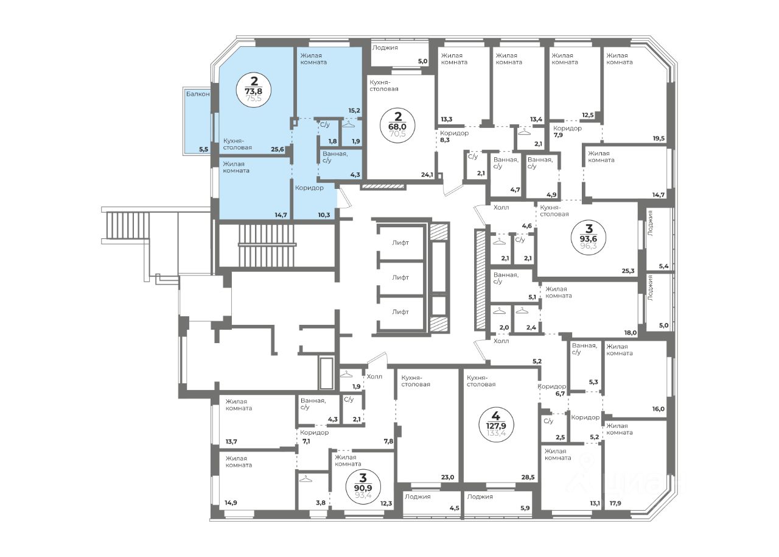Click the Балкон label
pos(198,94)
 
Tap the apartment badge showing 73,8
pos(254,91)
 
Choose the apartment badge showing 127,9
pos(496,425)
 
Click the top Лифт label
pos(400,243)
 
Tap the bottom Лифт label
pos(400,312)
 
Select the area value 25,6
pos(278,149)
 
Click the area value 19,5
pos(658,138)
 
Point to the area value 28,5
pos(528,477)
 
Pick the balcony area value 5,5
pos(203,149)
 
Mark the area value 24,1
pos(427,174)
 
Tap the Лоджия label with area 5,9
pos(480,497)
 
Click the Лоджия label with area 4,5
pos(417,497)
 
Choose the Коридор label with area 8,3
pos(454,133)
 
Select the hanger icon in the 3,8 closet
pos(306,480)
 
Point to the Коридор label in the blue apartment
pos(309,188)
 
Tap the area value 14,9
pos(231,503)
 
